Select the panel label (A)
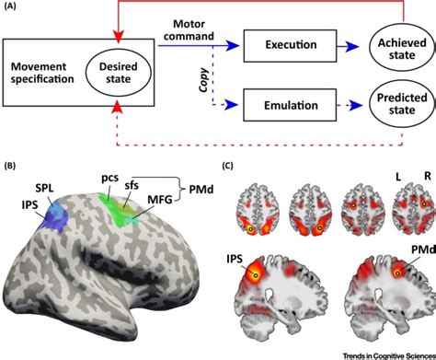coord(13,7)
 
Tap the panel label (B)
coord(12,167)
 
